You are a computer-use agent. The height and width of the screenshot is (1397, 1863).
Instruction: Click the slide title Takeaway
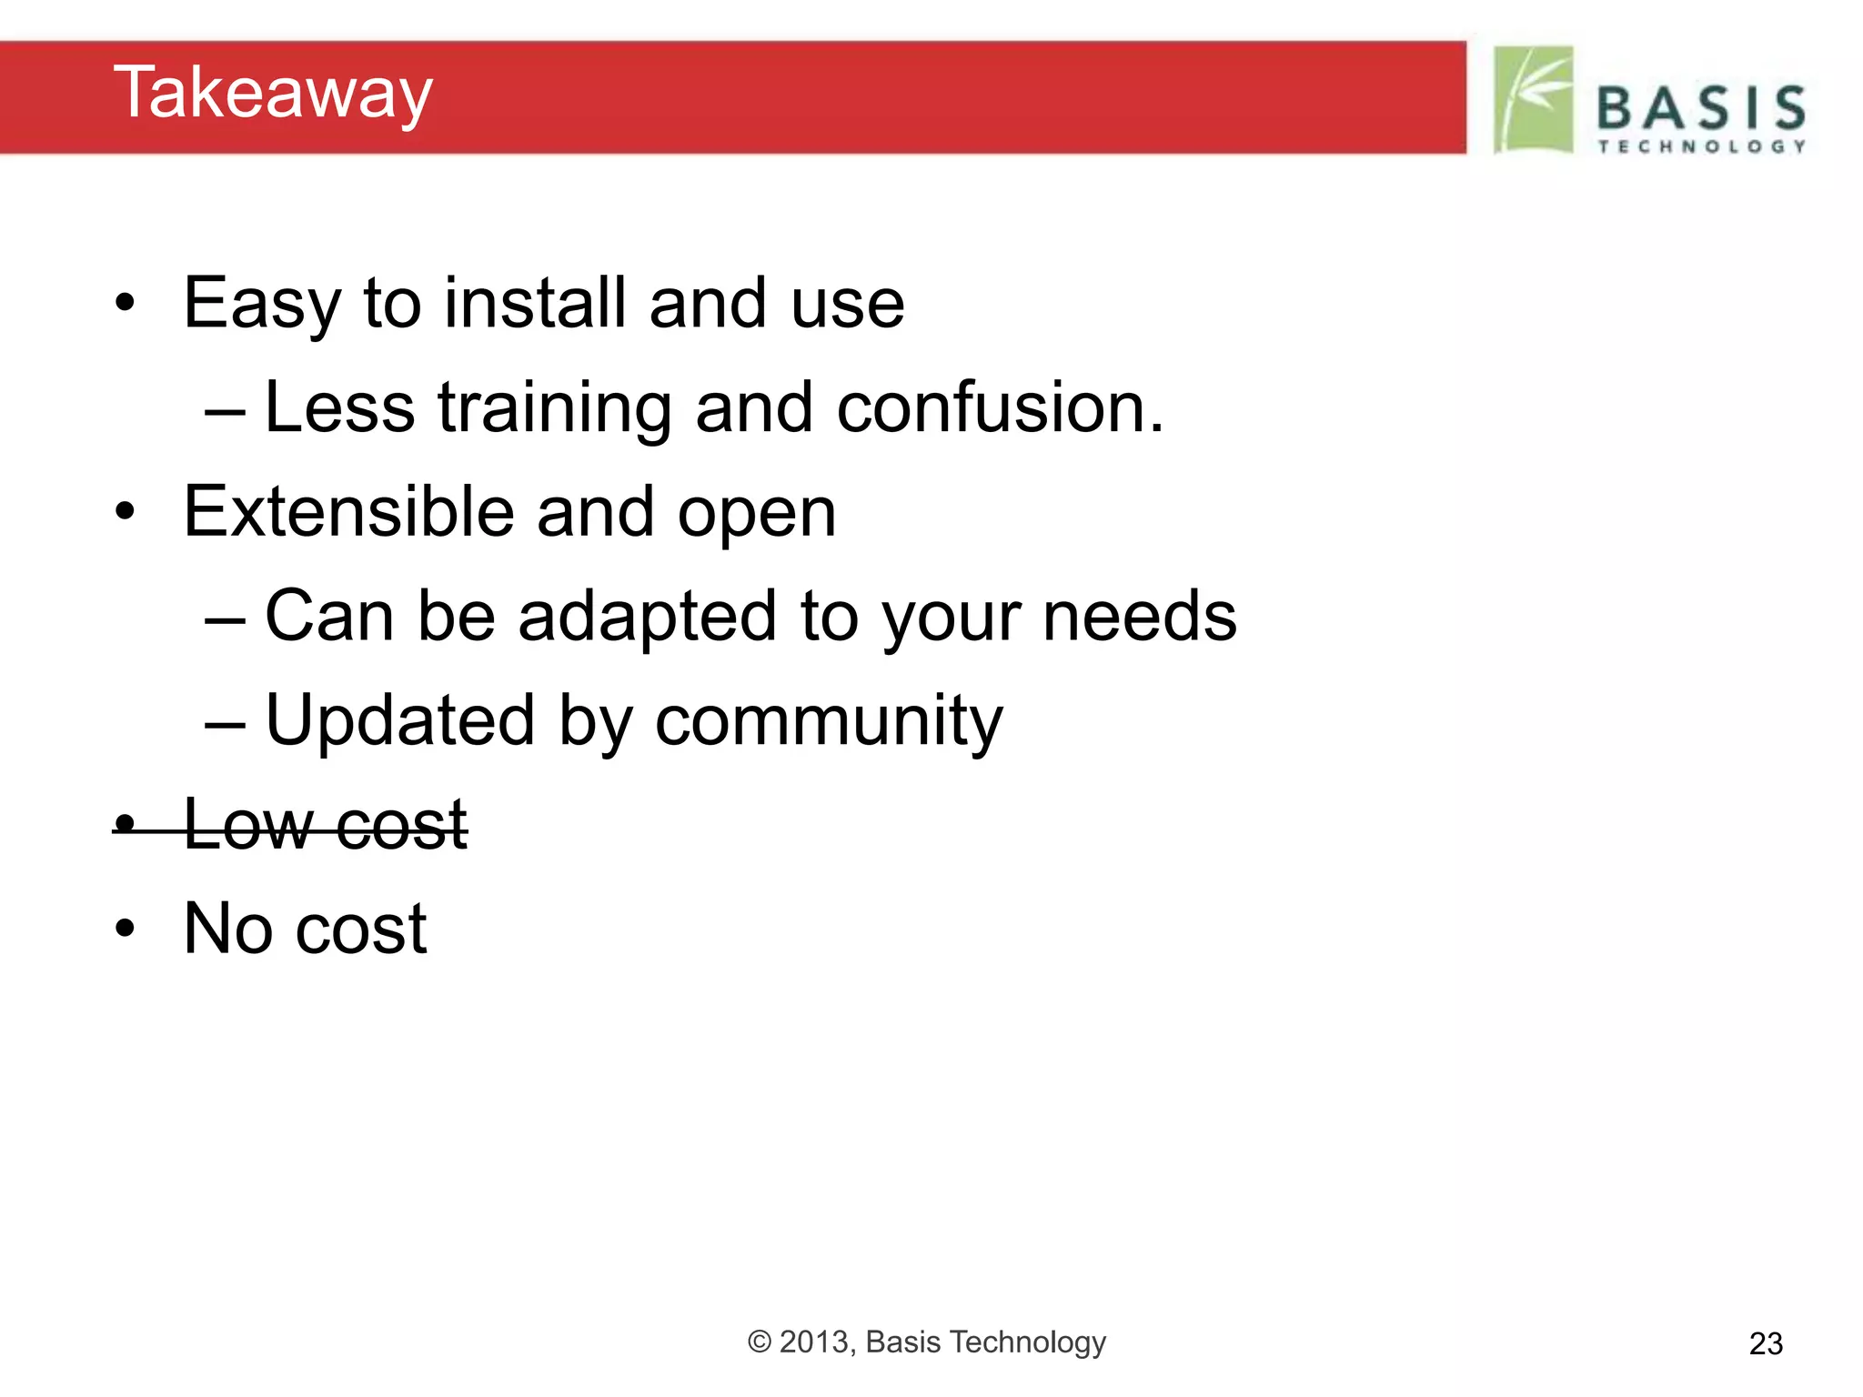[x=273, y=94]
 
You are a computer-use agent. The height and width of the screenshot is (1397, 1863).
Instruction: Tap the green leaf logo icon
[x=1534, y=99]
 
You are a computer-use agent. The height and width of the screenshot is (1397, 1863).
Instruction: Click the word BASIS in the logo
[x=1701, y=108]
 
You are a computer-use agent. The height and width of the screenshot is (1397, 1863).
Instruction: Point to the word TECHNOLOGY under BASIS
[x=1701, y=146]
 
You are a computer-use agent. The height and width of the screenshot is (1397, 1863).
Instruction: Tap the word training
[x=555, y=409]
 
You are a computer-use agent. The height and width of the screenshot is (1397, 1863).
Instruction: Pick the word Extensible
[x=348, y=511]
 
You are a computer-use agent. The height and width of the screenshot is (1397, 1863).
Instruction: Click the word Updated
[x=399, y=720]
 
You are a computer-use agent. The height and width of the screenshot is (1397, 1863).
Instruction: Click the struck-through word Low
[x=247, y=825]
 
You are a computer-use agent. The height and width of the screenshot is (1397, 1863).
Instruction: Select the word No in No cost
[x=227, y=929]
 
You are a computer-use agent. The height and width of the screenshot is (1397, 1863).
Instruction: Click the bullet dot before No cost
[x=125, y=930]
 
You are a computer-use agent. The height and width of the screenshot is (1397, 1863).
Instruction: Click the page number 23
[x=1765, y=1344]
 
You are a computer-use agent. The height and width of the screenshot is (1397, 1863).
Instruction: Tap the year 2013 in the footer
[x=816, y=1342]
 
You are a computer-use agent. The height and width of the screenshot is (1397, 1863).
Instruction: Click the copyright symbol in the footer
[x=760, y=1342]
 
